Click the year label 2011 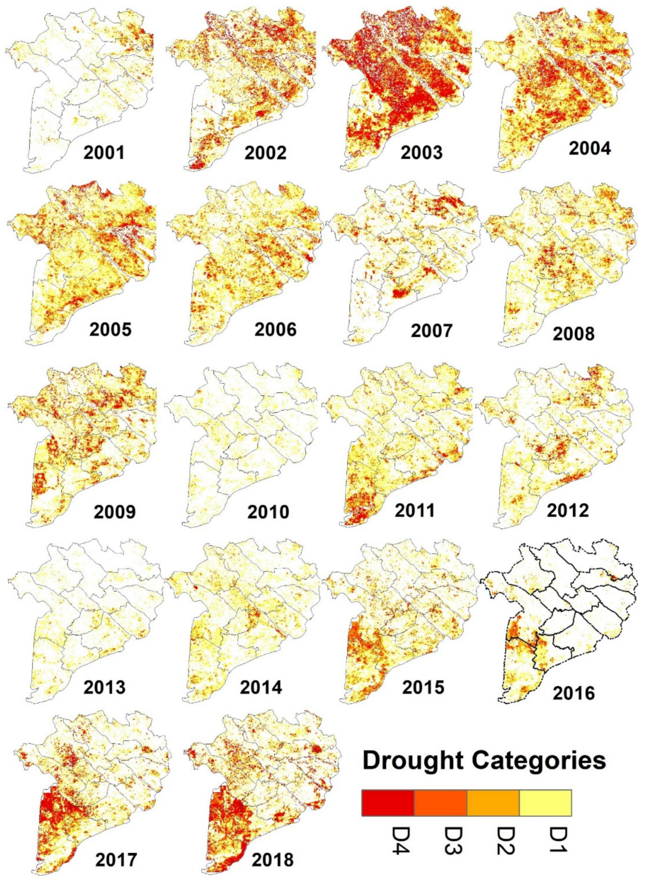(x=414, y=510)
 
